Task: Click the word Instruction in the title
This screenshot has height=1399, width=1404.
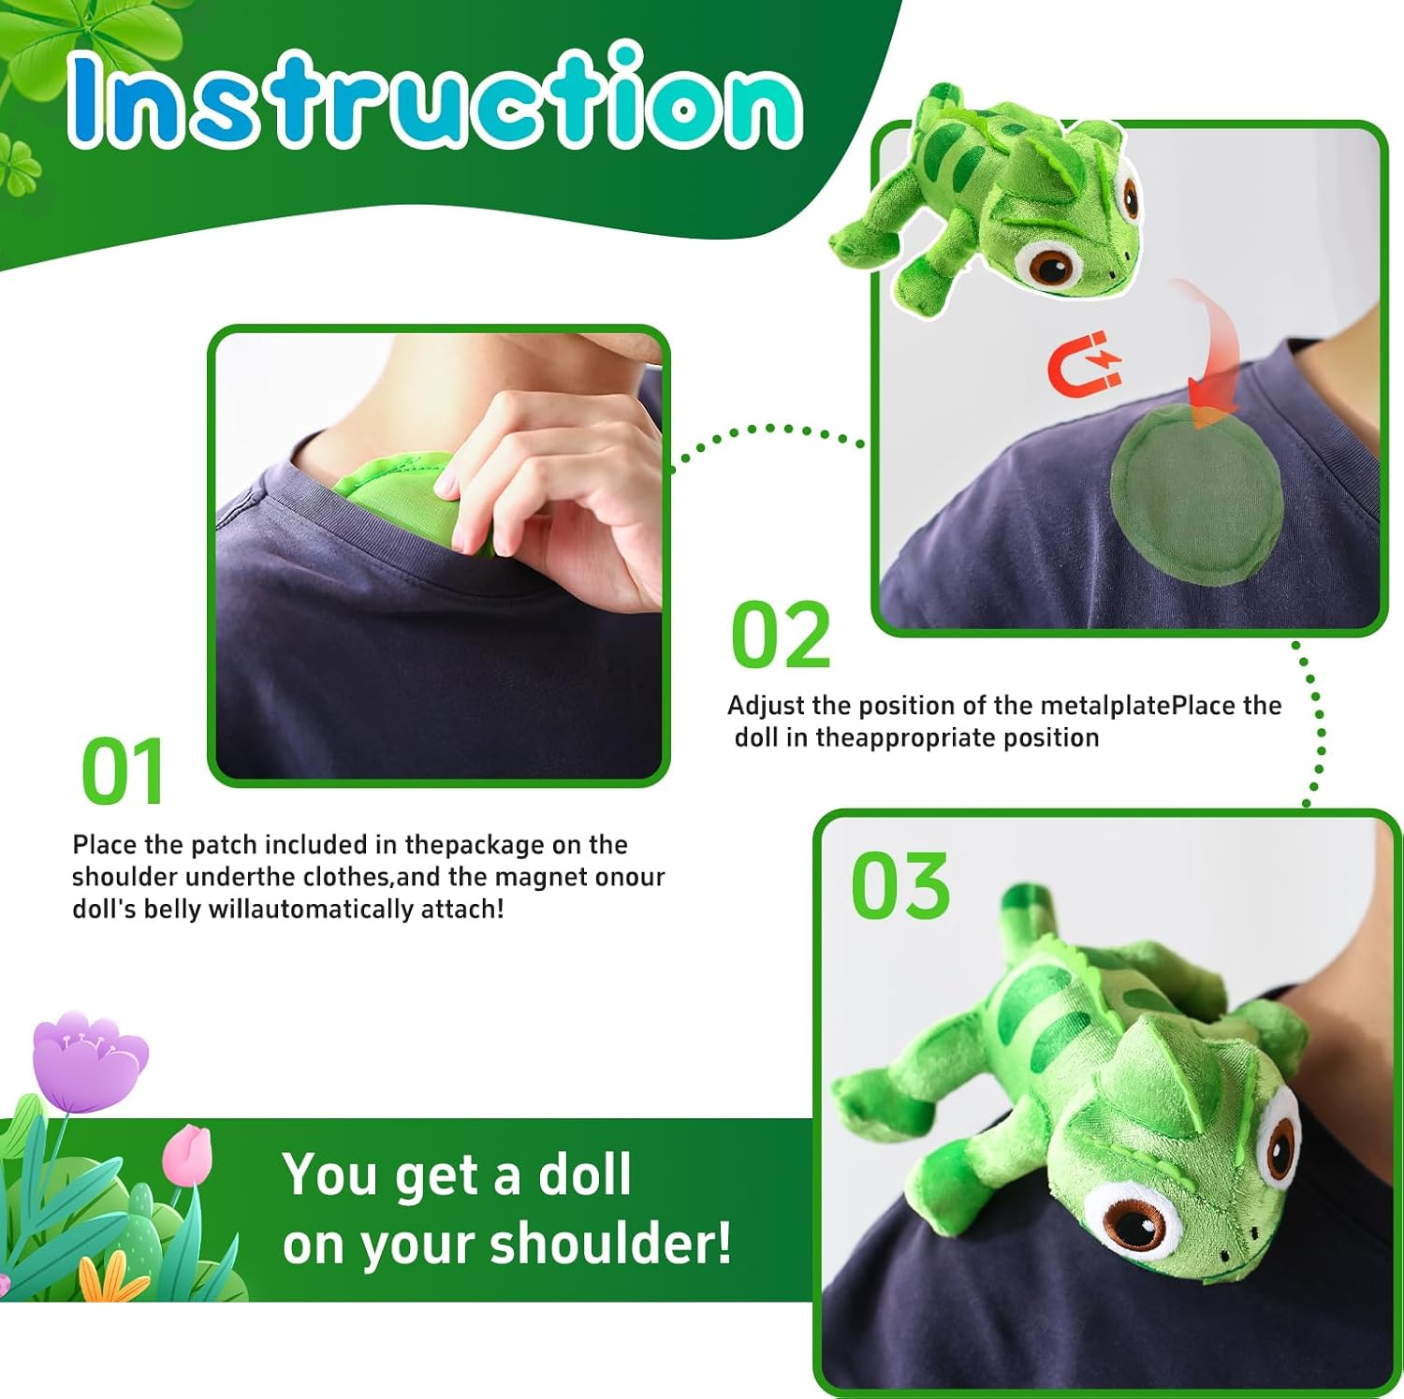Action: click(x=435, y=98)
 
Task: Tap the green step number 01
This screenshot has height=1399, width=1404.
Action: click(x=123, y=771)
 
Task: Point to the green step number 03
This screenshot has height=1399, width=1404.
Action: click(x=900, y=884)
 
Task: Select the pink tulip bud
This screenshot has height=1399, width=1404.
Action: click(x=187, y=1156)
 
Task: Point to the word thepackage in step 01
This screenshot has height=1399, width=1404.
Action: click(x=475, y=845)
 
